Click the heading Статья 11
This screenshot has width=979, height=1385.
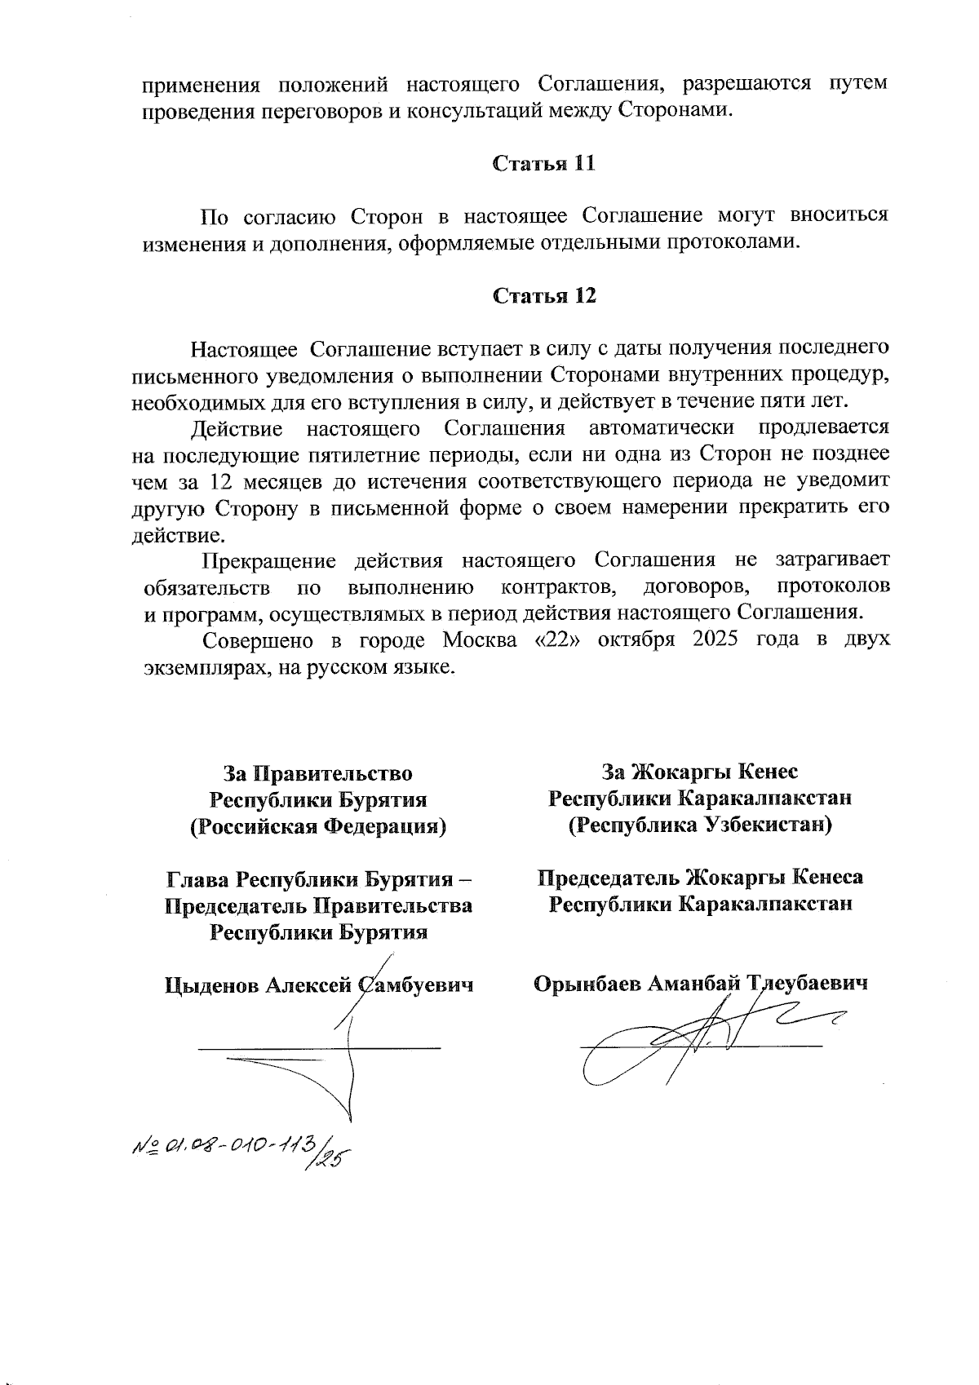click(x=543, y=163)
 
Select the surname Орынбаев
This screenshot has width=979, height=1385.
click(x=587, y=984)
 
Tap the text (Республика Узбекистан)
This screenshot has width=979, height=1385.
click(x=700, y=825)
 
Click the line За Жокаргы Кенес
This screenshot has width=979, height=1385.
click(x=699, y=771)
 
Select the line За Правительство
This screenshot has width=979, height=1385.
click(x=318, y=772)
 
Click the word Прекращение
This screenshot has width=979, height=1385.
click(x=269, y=560)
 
